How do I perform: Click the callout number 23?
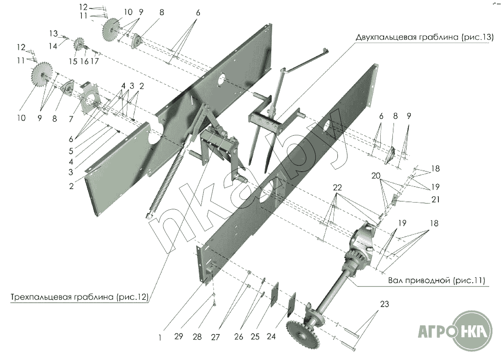tap(385, 304)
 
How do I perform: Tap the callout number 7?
tap(71, 119)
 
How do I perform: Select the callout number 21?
tap(435, 199)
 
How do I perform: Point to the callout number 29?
tap(179, 336)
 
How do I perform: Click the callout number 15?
tap(73, 61)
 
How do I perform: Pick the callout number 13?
tap(53, 33)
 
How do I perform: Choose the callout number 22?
tap(337, 188)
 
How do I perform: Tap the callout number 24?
tap(271, 336)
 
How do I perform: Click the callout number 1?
tap(159, 337)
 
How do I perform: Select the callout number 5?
tap(71, 151)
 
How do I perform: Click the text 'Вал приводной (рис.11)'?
tap(436, 280)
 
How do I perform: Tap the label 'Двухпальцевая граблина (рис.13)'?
tap(425, 37)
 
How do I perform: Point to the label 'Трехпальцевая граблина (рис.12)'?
tap(79, 297)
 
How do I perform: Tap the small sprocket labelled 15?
tap(78, 45)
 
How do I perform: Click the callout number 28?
tap(197, 337)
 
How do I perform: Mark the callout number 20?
tap(376, 176)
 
